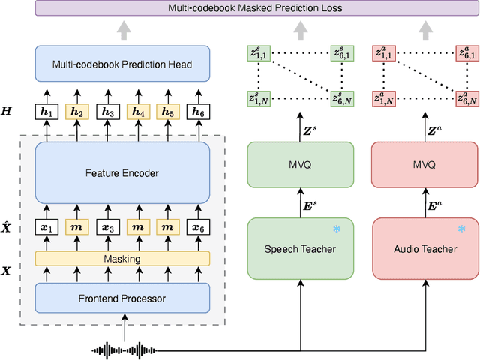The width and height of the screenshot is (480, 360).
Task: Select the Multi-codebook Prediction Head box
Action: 122,64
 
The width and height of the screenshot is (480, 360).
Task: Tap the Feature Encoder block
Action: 122,172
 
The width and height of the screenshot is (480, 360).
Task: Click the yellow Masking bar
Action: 122,259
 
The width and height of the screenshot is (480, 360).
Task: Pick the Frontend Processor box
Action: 122,298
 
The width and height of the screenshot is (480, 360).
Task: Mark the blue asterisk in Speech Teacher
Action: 337,229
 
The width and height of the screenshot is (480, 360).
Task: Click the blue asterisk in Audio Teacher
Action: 460,229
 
